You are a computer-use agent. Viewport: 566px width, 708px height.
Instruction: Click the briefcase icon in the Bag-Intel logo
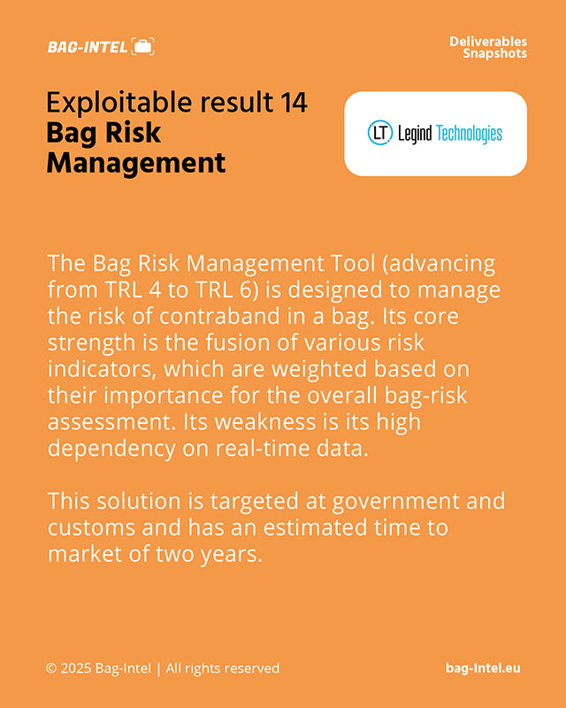click(x=142, y=47)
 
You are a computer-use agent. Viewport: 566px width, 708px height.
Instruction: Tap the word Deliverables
click(x=488, y=42)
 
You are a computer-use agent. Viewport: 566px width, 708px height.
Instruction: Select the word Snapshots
click(x=494, y=54)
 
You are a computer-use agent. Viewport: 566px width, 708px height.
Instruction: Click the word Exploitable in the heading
click(x=120, y=103)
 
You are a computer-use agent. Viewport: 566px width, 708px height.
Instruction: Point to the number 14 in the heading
click(x=294, y=102)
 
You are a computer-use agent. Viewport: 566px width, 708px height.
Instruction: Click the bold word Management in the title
click(x=136, y=163)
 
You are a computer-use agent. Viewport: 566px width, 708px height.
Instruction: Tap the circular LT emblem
click(x=379, y=133)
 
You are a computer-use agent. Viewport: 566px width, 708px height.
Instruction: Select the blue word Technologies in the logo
click(x=470, y=135)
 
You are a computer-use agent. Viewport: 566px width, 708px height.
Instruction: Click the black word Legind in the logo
click(x=415, y=135)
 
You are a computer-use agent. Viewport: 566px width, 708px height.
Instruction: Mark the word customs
click(x=92, y=527)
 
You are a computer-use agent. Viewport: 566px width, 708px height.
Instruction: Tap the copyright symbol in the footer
click(x=51, y=668)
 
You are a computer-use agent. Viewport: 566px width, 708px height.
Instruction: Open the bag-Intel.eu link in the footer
click(x=483, y=668)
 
